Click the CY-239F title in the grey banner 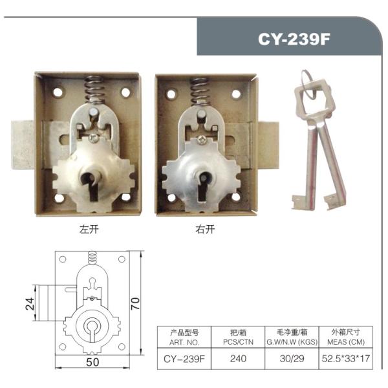(294, 39)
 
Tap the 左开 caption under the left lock (89, 229)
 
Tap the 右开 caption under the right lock (205, 229)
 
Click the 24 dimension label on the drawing (30, 304)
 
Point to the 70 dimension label (135, 303)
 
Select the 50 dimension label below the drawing (92, 362)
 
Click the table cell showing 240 (238, 358)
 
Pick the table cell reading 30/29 (292, 358)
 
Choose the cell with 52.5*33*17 (346, 358)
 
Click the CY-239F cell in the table (184, 359)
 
